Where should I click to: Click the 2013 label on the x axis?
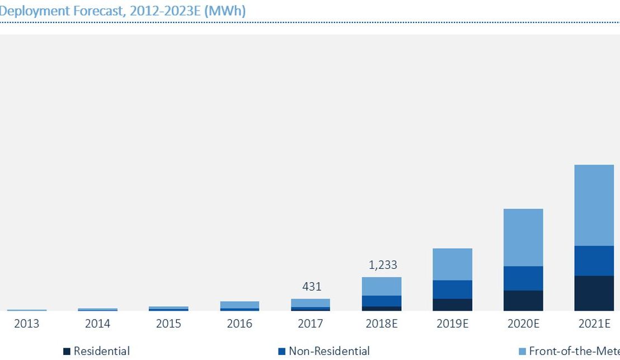27,324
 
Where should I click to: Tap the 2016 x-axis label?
239,324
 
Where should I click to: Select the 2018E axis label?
381,324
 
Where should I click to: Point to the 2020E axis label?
523,324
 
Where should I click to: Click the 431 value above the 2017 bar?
312,287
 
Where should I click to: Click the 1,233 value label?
383,265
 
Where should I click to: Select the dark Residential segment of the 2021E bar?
594,293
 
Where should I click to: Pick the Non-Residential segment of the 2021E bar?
594,260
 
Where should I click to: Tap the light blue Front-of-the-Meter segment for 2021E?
594,205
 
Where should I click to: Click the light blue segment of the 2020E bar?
523,237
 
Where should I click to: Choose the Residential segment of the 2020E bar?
523,301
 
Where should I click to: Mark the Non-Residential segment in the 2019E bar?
452,289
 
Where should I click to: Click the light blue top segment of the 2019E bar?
452,264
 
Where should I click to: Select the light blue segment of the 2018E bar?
381,286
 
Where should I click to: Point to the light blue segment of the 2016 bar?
239,305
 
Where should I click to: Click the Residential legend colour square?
67,352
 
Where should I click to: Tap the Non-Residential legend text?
329,351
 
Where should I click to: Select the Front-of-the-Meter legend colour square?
522,352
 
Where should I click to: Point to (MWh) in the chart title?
225,11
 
